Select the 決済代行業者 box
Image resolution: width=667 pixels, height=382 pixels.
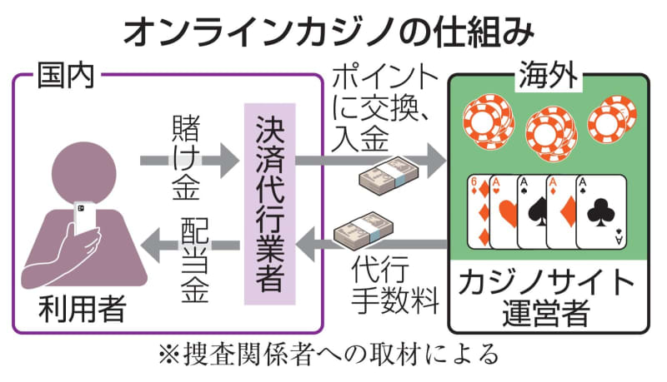pos(268,205)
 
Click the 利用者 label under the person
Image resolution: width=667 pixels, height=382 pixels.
pos(81,310)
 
